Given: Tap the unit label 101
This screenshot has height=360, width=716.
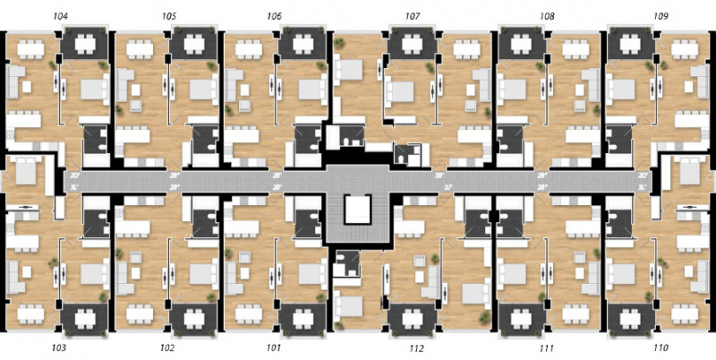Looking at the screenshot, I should (x=274, y=347).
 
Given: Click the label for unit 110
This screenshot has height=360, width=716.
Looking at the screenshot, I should (x=661, y=347).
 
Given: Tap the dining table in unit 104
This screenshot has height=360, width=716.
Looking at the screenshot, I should (x=27, y=45).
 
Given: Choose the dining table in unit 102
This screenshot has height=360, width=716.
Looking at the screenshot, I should (x=139, y=313).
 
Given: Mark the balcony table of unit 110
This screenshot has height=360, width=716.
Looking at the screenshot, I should (x=631, y=318).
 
